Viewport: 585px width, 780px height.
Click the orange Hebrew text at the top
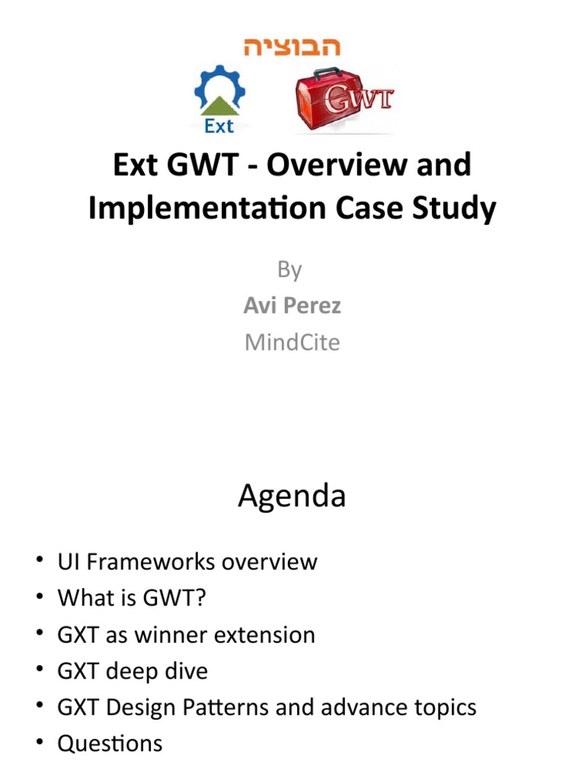point(292,46)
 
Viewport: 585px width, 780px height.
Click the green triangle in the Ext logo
point(219,106)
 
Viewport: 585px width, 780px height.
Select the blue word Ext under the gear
point(219,126)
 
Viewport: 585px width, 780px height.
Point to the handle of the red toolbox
point(326,73)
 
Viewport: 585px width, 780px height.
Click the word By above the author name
point(289,270)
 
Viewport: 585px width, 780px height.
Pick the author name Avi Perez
point(292,305)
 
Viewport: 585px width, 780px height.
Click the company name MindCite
point(292,342)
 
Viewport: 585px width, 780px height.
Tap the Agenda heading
point(292,496)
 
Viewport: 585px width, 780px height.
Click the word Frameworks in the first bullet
point(151,562)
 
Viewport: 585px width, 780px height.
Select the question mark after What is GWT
point(200,598)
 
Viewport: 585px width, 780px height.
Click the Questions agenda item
point(110,744)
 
